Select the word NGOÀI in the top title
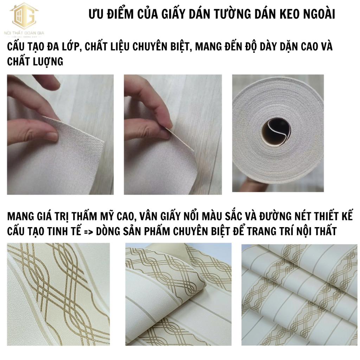coord(319,14)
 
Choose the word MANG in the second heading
coord(19,217)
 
